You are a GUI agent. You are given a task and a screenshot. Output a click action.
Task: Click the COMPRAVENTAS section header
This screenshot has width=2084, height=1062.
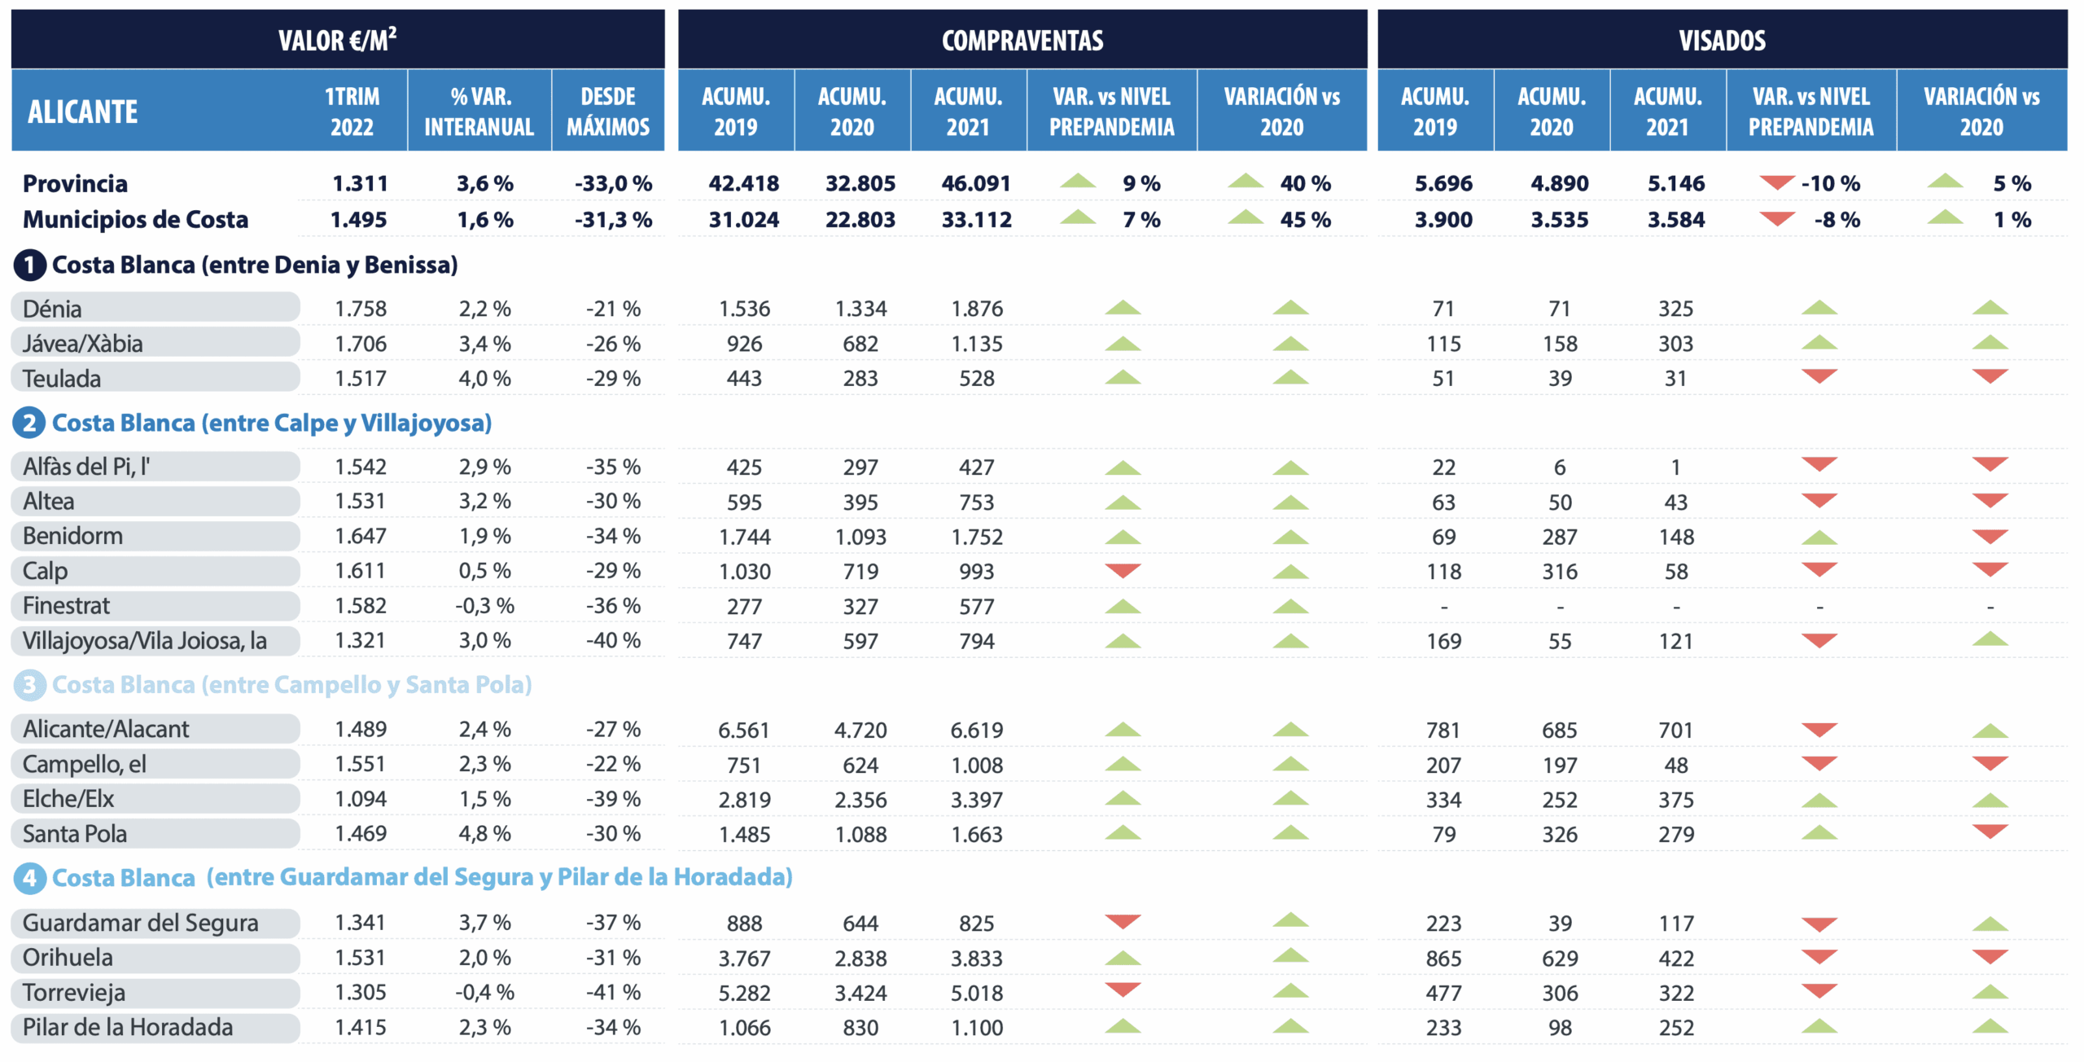1022,40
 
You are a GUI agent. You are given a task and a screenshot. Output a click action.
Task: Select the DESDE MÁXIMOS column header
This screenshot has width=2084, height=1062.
608,112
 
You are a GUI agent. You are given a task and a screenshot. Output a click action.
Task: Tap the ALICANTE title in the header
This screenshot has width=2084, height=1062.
82,112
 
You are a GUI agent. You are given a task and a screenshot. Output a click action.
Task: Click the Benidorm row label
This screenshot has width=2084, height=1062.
73,536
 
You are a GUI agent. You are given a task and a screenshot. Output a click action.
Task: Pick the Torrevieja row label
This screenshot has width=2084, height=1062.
74,992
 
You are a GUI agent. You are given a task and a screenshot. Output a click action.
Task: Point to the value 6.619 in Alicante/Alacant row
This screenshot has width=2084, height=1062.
976,730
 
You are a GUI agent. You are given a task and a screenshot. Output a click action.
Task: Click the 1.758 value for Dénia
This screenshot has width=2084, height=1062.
361,309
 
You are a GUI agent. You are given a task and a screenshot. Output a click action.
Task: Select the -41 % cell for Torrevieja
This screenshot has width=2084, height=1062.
613,992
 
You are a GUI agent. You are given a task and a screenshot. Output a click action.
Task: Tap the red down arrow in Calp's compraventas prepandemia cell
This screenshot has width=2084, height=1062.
1123,570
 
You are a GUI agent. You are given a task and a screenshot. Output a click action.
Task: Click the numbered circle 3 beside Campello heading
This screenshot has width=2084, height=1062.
29,685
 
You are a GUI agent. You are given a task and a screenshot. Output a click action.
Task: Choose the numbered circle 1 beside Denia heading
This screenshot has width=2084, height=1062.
29,265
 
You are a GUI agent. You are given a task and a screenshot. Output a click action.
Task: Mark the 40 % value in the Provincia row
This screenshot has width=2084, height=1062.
1305,183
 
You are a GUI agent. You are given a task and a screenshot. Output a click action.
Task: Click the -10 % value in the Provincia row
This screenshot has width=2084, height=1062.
1830,183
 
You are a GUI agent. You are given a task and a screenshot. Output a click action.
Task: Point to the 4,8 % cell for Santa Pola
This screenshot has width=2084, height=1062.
484,833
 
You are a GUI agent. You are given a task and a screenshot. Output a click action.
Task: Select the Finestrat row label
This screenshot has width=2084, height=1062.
66,606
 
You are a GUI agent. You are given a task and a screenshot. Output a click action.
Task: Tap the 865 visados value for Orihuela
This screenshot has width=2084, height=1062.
1443,958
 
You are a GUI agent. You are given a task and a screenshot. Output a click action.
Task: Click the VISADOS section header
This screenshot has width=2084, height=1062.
1722,40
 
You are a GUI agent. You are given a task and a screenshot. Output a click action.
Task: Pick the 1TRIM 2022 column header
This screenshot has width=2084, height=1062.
352,112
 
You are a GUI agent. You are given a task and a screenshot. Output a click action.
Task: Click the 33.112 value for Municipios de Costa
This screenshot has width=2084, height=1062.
976,219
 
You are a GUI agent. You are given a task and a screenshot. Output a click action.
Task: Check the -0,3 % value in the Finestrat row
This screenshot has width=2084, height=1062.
484,606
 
